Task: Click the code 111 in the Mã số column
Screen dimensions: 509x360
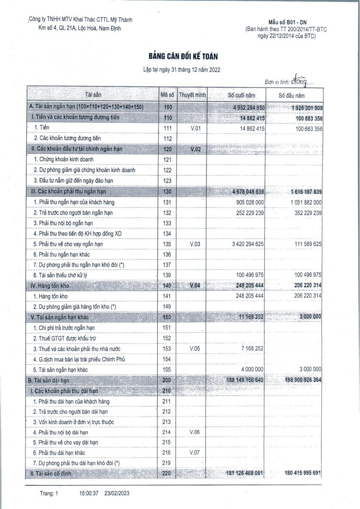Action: point(167,128)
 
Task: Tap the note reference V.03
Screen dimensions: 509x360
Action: point(195,244)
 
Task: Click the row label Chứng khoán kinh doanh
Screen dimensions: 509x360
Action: point(70,159)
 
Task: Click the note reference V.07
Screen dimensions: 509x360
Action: point(195,453)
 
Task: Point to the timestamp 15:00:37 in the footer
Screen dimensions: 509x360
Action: point(89,493)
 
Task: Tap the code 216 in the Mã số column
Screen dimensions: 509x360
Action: point(167,453)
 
